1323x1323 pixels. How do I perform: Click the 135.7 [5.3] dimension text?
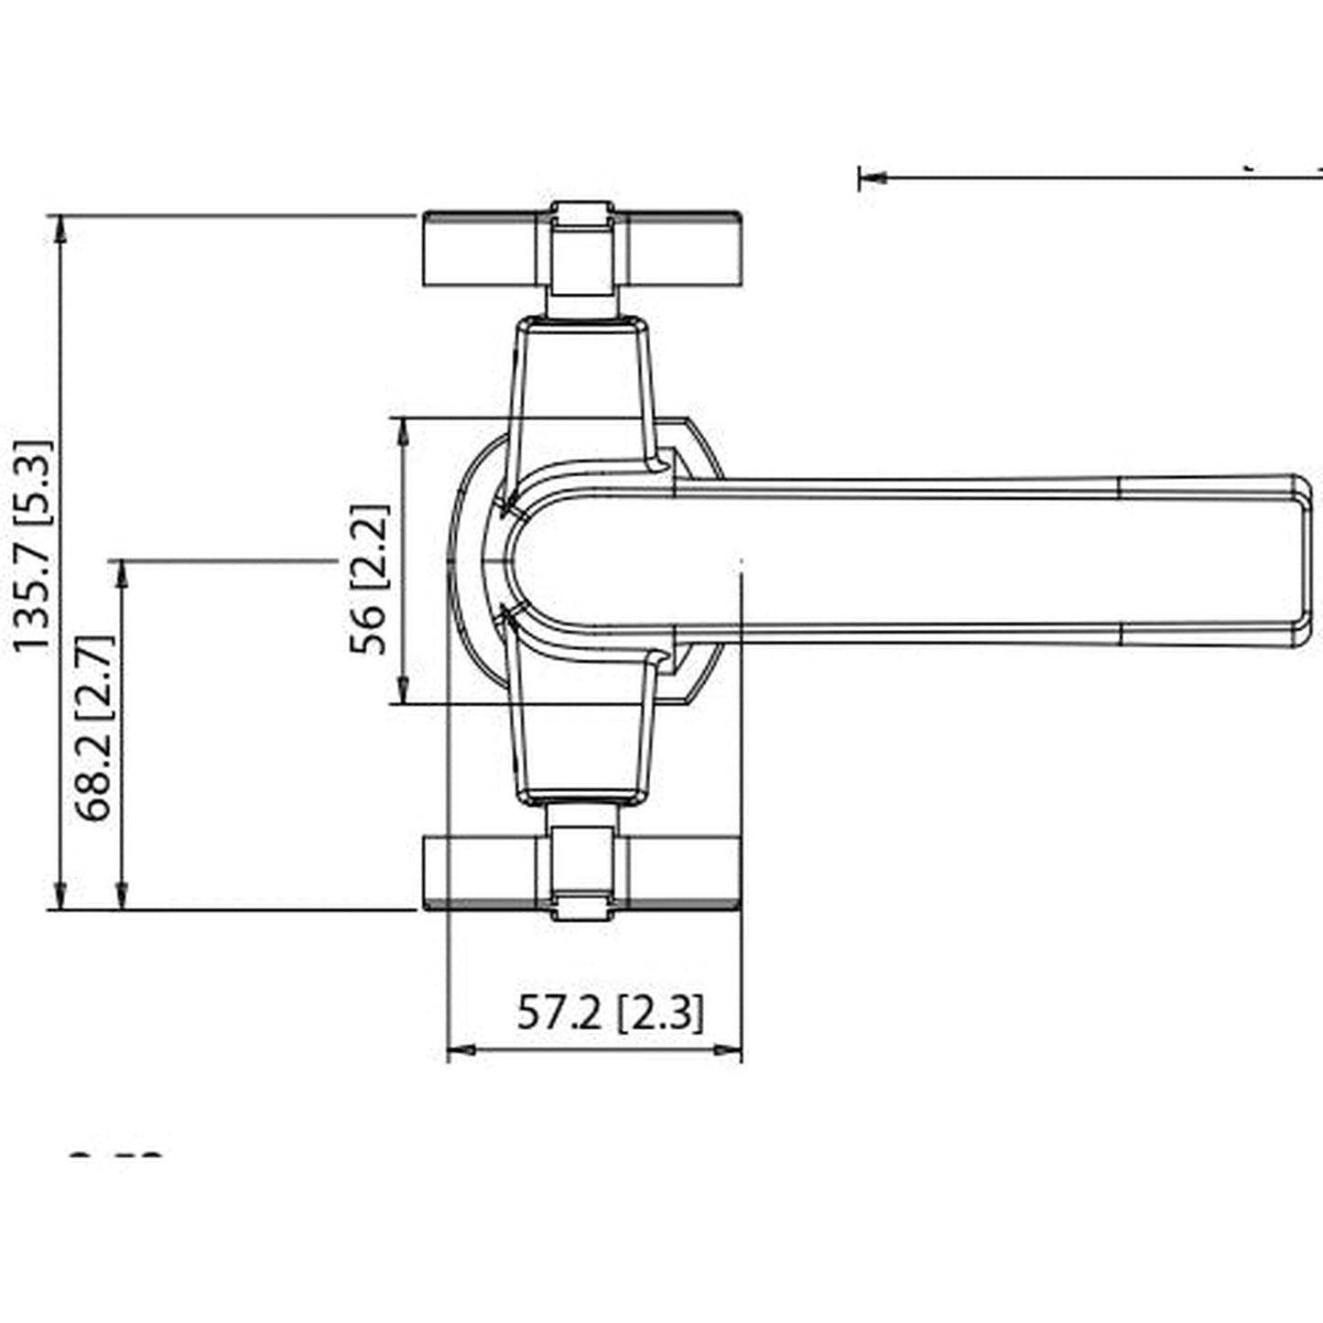pyautogui.click(x=33, y=547)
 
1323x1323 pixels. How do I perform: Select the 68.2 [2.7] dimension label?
pyautogui.click(x=94, y=728)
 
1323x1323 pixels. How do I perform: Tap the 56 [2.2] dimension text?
pyautogui.click(x=369, y=580)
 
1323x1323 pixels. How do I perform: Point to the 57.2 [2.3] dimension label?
pyautogui.click(x=611, y=1014)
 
